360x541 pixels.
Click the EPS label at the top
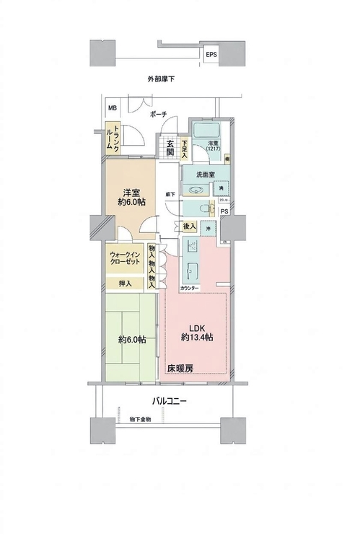pyautogui.click(x=211, y=54)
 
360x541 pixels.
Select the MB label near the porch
pyautogui.click(x=112, y=109)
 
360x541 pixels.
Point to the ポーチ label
pyautogui.click(x=159, y=115)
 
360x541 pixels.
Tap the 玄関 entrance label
pyautogui.click(x=170, y=146)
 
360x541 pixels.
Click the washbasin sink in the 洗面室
pyautogui.click(x=195, y=190)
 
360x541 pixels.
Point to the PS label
pyautogui.click(x=225, y=212)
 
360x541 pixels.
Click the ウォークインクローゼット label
pyautogui.click(x=126, y=258)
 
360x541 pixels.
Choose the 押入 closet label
pyautogui.click(x=125, y=283)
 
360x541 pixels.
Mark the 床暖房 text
pyautogui.click(x=180, y=369)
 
